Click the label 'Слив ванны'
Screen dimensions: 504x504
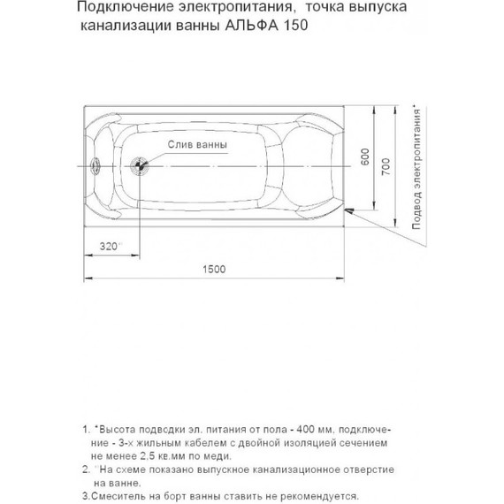pyautogui.click(x=195, y=144)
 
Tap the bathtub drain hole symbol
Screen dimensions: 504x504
pyautogui.click(x=138, y=164)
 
